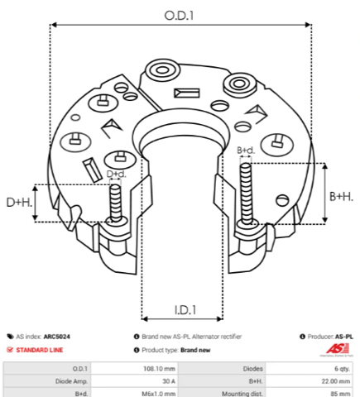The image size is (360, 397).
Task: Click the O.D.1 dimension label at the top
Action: click(179, 16)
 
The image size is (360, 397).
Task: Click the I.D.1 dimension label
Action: click(185, 310)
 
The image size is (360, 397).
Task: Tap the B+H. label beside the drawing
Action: click(341, 197)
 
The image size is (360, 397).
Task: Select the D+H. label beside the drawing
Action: click(19, 203)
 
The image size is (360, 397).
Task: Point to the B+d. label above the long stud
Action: click(246, 151)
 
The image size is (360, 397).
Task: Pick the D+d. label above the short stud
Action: click(116, 174)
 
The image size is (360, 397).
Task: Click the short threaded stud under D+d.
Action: click(116, 203)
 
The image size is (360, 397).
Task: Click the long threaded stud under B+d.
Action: click(246, 194)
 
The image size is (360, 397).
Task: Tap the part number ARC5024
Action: click(57, 337)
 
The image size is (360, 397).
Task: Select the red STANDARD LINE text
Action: click(40, 350)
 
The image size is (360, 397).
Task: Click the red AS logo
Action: click(338, 349)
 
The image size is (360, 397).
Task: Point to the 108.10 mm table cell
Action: click(159, 369)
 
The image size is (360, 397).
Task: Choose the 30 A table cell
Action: click(169, 381)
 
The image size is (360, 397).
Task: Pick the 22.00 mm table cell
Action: click(336, 381)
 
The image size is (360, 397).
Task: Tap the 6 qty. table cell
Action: click(343, 369)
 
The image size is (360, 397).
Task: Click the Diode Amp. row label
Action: click(71, 381)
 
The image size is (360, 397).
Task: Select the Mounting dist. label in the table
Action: click(242, 394)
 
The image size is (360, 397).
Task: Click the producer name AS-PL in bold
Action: click(344, 337)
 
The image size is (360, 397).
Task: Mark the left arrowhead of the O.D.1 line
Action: click(54, 25)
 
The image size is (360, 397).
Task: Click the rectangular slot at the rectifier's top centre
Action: click(187, 93)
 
